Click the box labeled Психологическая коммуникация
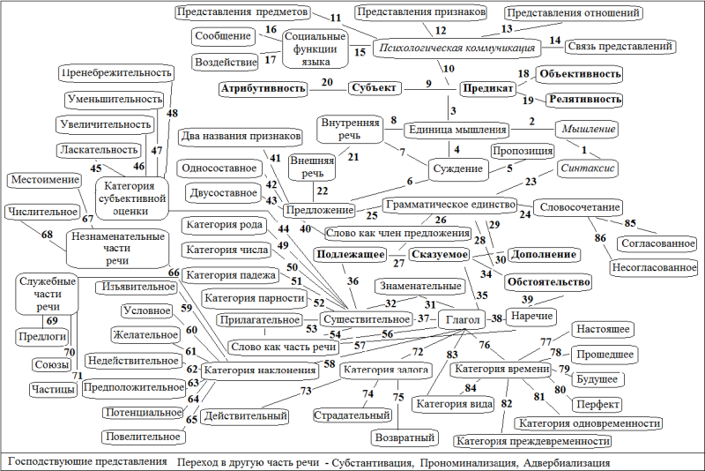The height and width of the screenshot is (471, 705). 456,48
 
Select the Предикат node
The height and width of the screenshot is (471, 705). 488,88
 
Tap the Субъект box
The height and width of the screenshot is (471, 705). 374,87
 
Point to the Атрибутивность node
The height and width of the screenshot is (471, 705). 263,88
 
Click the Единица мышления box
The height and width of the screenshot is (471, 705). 457,130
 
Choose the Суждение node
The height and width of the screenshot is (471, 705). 457,169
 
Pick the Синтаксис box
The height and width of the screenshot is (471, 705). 587,168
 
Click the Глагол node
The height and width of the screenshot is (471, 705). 462,319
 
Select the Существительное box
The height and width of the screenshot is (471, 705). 367,319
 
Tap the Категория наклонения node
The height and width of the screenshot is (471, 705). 259,370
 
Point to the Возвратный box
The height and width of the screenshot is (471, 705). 404,437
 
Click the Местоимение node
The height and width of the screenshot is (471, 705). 45,180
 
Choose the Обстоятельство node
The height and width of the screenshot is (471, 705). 548,282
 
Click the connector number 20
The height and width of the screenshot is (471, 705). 327,82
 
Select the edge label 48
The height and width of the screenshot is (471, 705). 172,113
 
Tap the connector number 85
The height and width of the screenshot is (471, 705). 630,222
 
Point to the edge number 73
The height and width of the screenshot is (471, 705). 306,391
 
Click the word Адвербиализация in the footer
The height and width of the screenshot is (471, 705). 567,462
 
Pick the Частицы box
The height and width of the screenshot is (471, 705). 53,389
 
